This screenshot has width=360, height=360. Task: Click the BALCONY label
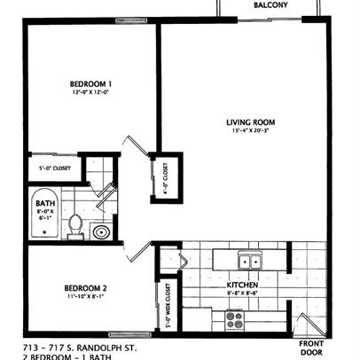coord(270,5)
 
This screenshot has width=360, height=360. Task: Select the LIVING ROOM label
coord(252,122)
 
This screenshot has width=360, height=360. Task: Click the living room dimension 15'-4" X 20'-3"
coord(252,132)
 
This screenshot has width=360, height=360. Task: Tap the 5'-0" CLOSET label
coord(55,167)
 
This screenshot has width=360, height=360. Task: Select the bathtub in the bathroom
coord(43,215)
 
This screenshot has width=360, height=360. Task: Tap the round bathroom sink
coord(101,232)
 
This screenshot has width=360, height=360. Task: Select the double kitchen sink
coord(251,261)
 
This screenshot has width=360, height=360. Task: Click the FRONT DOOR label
coord(312,347)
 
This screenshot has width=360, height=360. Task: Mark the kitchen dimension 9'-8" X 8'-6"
coord(240,293)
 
